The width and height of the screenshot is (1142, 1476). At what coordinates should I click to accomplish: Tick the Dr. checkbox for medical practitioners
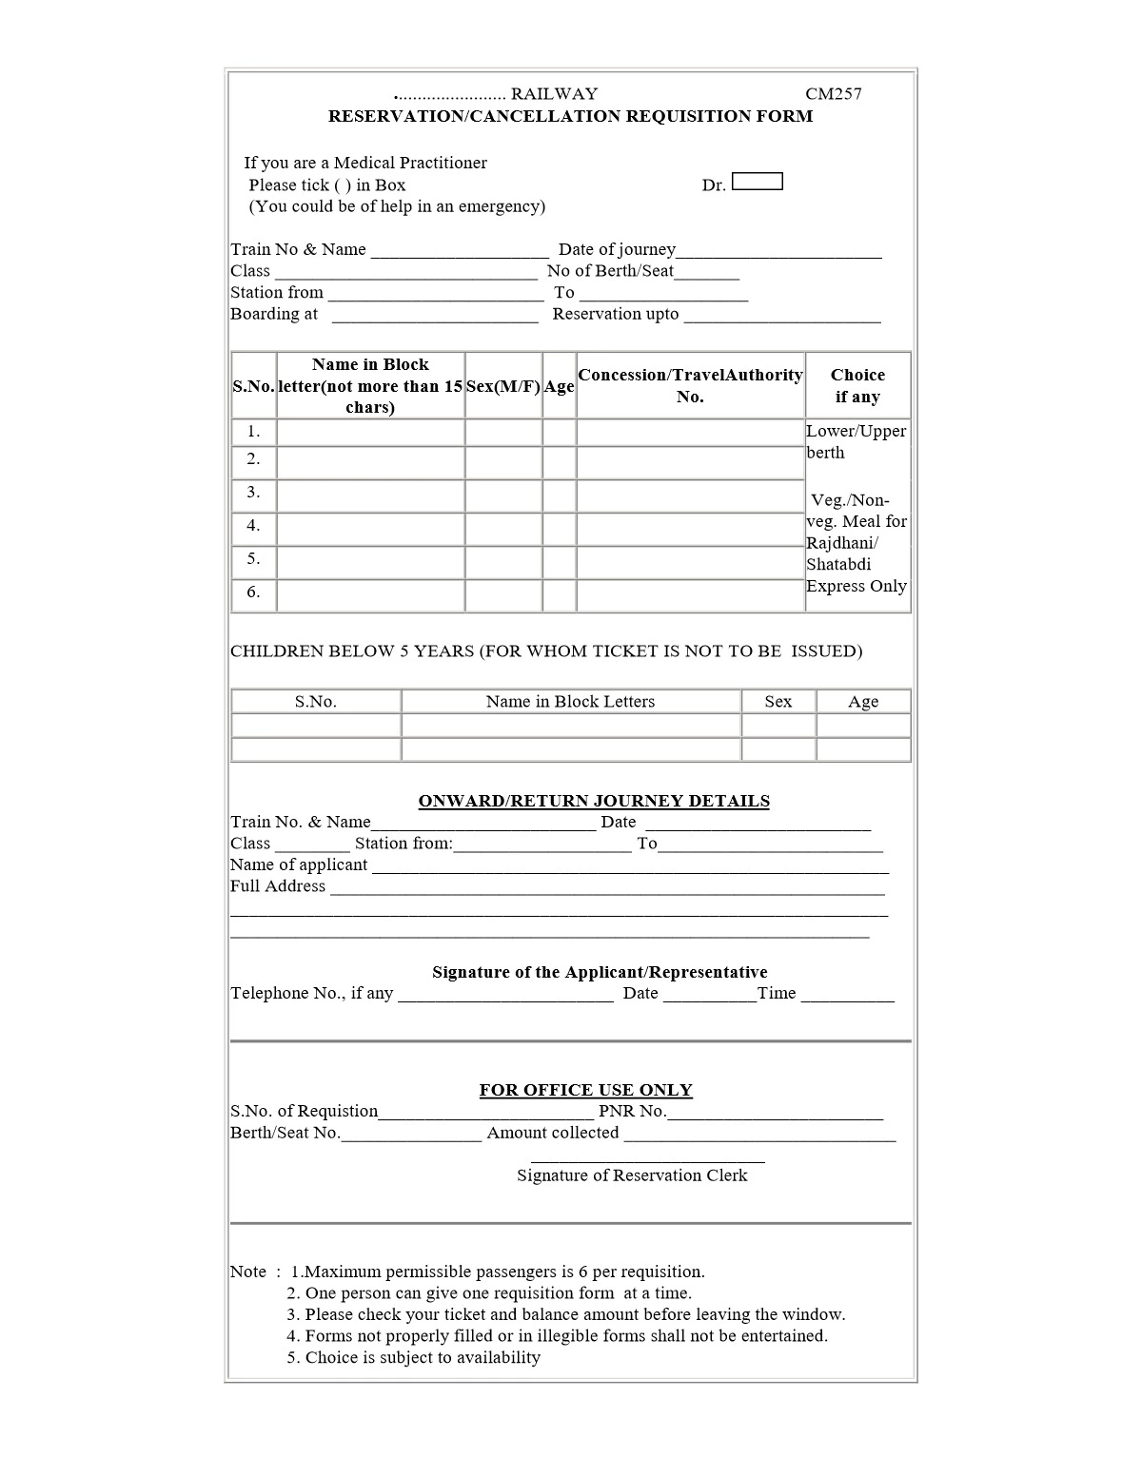coord(758,182)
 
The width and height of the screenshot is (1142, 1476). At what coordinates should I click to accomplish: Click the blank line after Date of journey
coord(778,251)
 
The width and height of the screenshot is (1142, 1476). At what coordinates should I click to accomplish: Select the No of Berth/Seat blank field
coord(707,273)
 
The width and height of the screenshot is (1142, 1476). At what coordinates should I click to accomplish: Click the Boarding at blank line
coord(435,316)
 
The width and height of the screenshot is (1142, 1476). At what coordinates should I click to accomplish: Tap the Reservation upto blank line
coord(782,316)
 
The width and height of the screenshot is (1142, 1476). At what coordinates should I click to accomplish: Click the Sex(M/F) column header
coord(503,386)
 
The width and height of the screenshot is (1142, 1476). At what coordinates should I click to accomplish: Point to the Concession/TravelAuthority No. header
coord(690,385)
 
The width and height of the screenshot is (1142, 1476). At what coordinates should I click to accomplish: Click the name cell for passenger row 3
coord(370,495)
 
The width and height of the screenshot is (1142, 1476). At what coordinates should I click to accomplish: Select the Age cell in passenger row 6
coord(560,594)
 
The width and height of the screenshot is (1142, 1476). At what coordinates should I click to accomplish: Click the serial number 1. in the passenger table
coord(253,432)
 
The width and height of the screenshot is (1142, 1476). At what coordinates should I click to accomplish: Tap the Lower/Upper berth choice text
coord(856,441)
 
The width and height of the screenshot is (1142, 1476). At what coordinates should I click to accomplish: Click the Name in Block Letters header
coord(570,702)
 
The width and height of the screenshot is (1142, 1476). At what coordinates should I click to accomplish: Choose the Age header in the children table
coord(863,702)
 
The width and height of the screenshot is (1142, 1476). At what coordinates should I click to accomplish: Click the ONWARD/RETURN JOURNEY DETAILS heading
coord(594,801)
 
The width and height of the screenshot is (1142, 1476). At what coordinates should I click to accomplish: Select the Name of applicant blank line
coord(630,866)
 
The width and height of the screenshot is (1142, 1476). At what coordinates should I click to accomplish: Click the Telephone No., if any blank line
coord(505,995)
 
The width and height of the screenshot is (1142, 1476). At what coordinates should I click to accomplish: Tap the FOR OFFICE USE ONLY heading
coord(585,1090)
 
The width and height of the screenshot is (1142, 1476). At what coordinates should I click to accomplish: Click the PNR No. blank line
coord(775,1113)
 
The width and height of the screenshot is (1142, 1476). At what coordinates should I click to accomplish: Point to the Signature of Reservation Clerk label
coord(632,1175)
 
